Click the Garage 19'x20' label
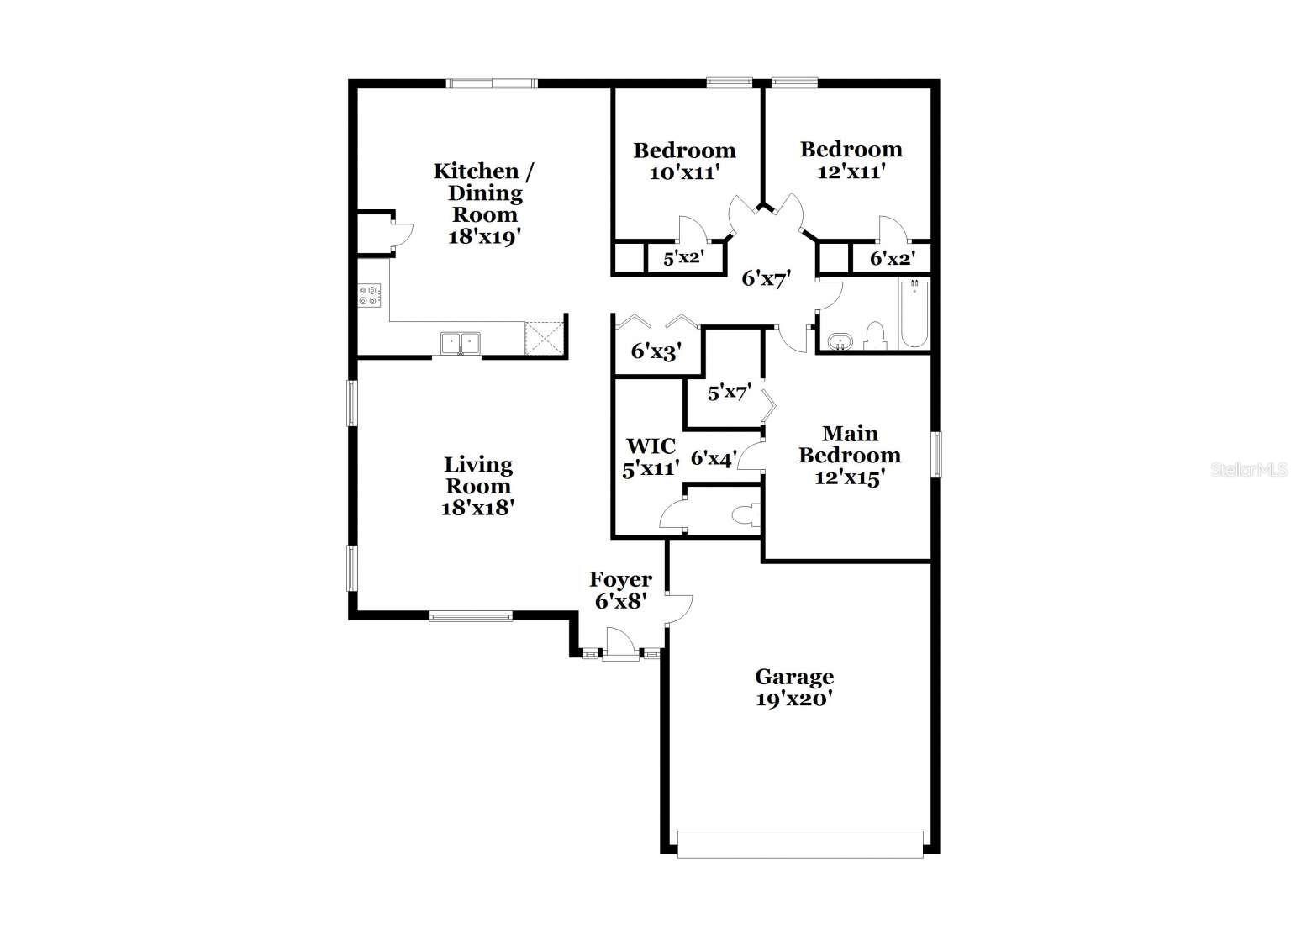tap(794, 688)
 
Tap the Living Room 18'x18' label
tap(477, 486)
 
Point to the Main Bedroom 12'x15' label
tap(849, 455)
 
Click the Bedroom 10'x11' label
tap(684, 161)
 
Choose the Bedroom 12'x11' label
tap(851, 160)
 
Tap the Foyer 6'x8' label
tap(620, 590)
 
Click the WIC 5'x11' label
tap(650, 457)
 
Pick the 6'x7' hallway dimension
tap(766, 279)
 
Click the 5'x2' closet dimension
tap(683, 259)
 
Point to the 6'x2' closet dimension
tap(891, 259)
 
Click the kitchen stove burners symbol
tap(368, 295)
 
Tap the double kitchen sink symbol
tap(460, 343)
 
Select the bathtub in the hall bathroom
tap(914, 315)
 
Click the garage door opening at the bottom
tap(799, 844)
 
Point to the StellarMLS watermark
tap(1248, 470)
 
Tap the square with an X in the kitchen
tap(543, 339)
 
